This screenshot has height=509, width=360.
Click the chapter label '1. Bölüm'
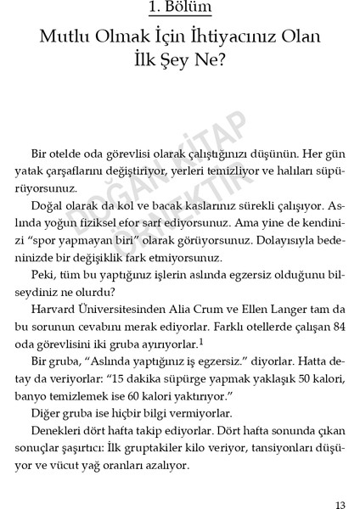[x=179, y=9]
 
